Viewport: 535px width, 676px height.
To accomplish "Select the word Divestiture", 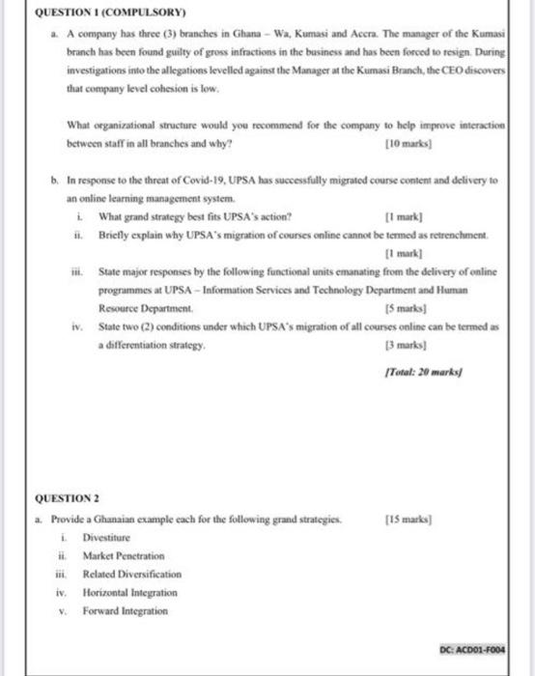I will [x=104, y=538].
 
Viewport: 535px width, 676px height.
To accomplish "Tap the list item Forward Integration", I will [x=125, y=611].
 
